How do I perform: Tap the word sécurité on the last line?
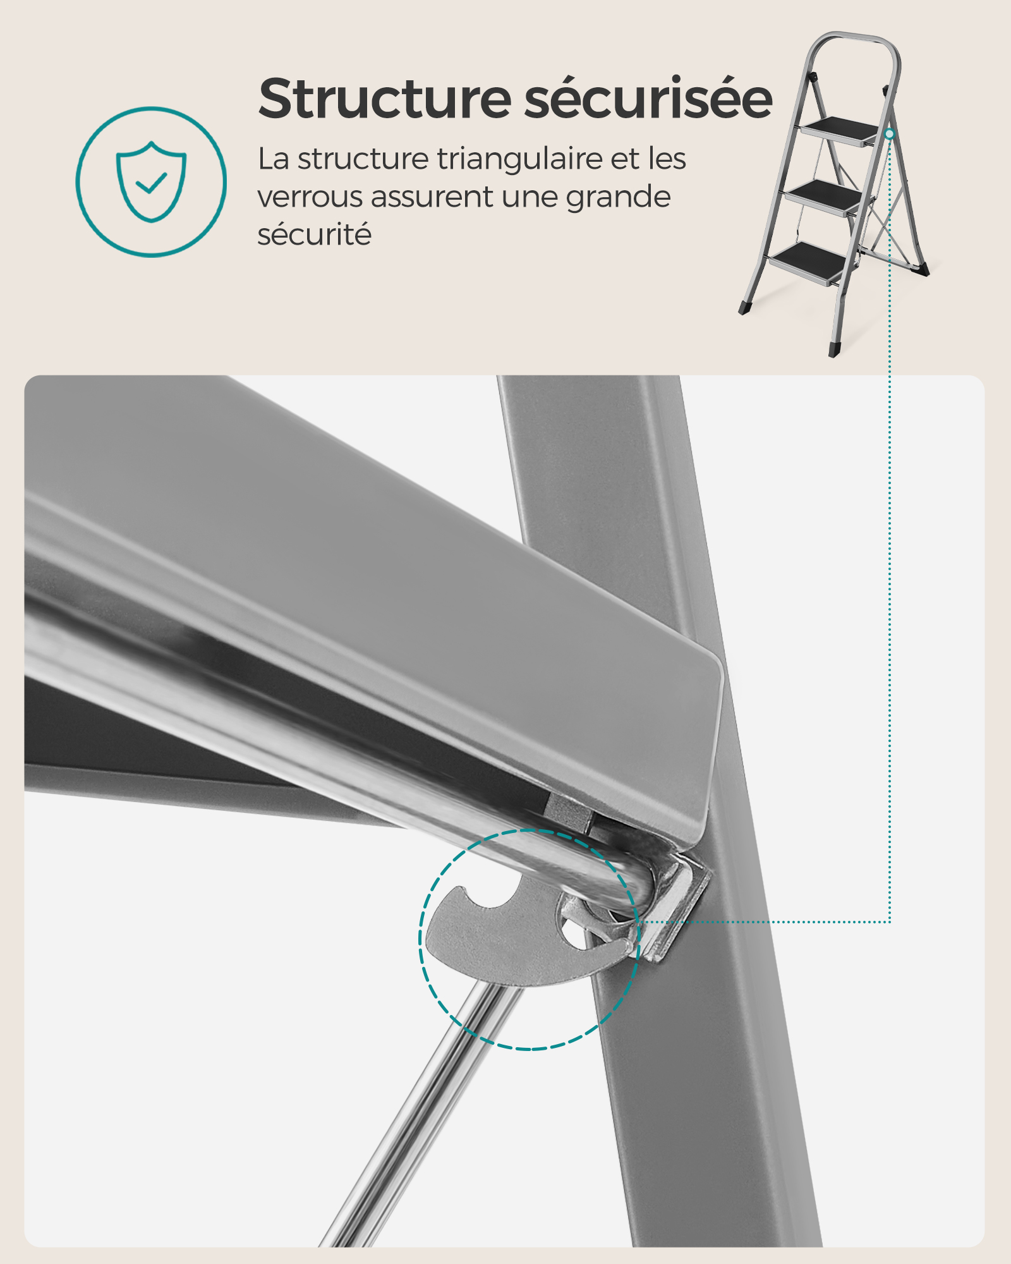(x=314, y=235)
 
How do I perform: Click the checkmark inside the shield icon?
(x=152, y=183)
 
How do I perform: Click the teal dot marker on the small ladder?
(x=889, y=134)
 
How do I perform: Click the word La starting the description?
(x=273, y=159)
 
